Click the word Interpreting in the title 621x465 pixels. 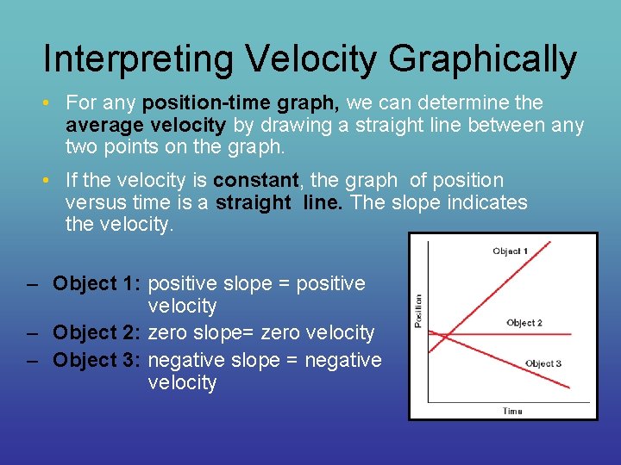[x=138, y=59]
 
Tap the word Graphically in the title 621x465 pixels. [x=482, y=59]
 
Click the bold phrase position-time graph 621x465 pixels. [x=241, y=103]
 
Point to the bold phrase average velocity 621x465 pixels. [x=146, y=125]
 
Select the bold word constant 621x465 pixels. [x=255, y=181]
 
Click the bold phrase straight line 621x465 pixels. [x=279, y=202]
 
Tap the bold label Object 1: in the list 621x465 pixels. [x=97, y=283]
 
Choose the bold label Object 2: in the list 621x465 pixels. [x=97, y=332]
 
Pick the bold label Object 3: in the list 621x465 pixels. [x=97, y=360]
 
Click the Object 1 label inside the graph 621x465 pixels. [x=510, y=251]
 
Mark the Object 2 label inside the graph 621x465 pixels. [x=524, y=323]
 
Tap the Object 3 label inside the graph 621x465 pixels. [x=543, y=363]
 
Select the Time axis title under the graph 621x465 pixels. [x=512, y=411]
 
